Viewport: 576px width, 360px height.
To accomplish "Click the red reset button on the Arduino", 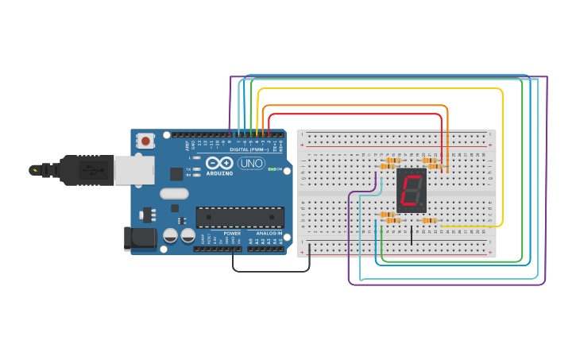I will (146, 141).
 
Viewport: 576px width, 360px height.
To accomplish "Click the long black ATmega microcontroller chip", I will (240, 217).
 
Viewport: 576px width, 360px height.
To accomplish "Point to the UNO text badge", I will (251, 163).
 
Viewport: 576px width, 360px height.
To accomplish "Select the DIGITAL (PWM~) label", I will (248, 149).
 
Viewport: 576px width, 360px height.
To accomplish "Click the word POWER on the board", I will (232, 233).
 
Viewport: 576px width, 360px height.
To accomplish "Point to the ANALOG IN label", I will (269, 233).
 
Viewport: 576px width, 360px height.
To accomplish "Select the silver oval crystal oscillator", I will (174, 193).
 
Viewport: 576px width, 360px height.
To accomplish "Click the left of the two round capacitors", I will (170, 235).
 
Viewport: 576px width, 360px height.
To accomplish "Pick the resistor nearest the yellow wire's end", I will (429, 220).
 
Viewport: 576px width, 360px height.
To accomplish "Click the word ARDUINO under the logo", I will (218, 172).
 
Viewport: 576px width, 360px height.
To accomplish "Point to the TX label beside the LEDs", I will (187, 169).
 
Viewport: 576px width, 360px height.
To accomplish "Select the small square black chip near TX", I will (176, 172).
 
